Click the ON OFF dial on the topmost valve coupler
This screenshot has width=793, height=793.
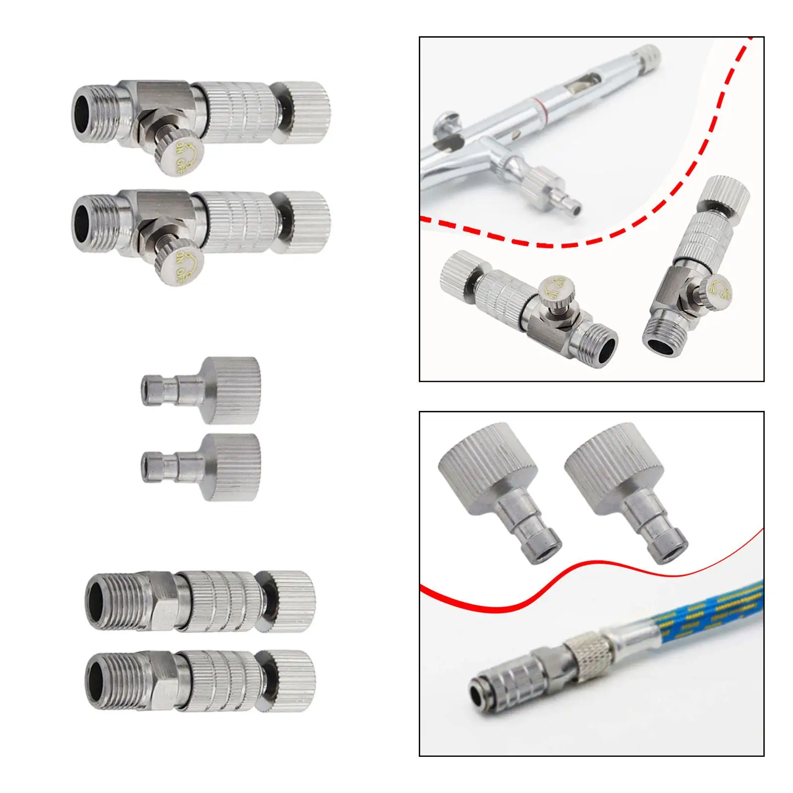point(186,157)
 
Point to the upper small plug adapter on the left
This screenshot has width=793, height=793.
point(208,390)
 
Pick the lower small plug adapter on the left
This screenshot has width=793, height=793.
point(208,467)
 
